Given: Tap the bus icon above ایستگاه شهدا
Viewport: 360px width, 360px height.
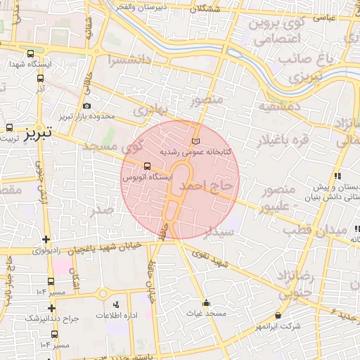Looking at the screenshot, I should tap(30, 53).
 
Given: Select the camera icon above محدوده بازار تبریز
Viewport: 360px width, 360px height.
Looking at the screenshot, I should tap(86, 105).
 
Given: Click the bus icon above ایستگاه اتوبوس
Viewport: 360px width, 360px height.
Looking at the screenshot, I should tap(146, 167).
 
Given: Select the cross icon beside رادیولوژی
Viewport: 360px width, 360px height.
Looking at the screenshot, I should tap(46, 240).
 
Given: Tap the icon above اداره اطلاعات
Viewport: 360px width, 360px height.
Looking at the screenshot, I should tap(116, 304).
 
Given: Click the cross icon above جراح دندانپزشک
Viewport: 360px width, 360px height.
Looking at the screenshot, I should tap(51, 307).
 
